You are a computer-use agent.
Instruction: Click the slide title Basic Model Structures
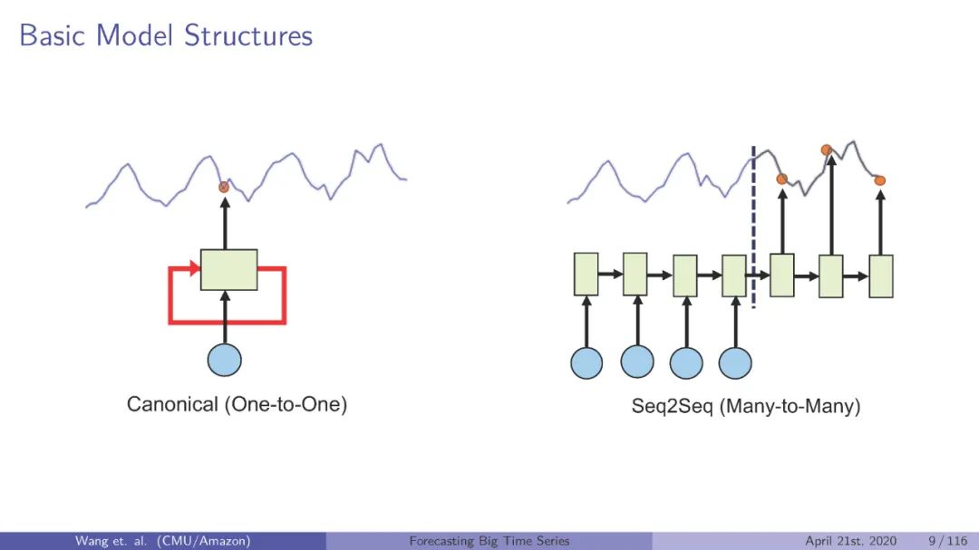pos(166,35)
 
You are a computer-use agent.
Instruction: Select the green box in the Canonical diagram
pos(228,269)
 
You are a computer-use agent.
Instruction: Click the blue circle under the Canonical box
pos(225,359)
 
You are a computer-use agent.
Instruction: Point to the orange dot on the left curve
pos(224,187)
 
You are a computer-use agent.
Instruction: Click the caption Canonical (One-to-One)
pos(237,405)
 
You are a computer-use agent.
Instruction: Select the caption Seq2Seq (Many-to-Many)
pos(745,407)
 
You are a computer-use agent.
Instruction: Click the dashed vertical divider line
pos(753,227)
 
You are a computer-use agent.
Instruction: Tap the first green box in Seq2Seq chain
pos(586,275)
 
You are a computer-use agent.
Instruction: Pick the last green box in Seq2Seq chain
pos(881,276)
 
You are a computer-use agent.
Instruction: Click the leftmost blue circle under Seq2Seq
pos(586,362)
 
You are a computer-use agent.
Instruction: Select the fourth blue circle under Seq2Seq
pos(735,362)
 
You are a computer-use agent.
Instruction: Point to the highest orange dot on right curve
pos(826,150)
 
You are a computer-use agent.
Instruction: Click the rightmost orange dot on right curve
pos(879,181)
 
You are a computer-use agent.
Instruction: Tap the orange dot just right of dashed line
pos(781,179)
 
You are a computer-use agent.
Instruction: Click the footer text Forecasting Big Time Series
pos(489,541)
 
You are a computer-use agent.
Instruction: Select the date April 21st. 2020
pos(851,541)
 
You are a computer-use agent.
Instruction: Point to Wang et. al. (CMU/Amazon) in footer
pos(162,541)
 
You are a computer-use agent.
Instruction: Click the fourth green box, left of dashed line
pos(733,275)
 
